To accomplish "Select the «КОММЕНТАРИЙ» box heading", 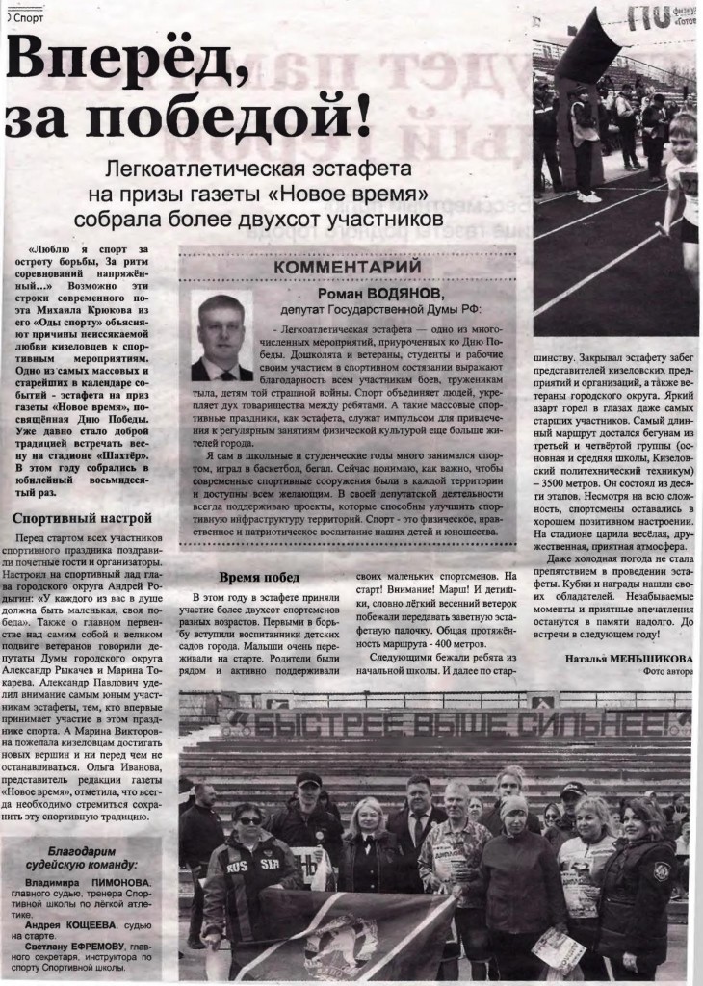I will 348,266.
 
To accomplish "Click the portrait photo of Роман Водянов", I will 221,336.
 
